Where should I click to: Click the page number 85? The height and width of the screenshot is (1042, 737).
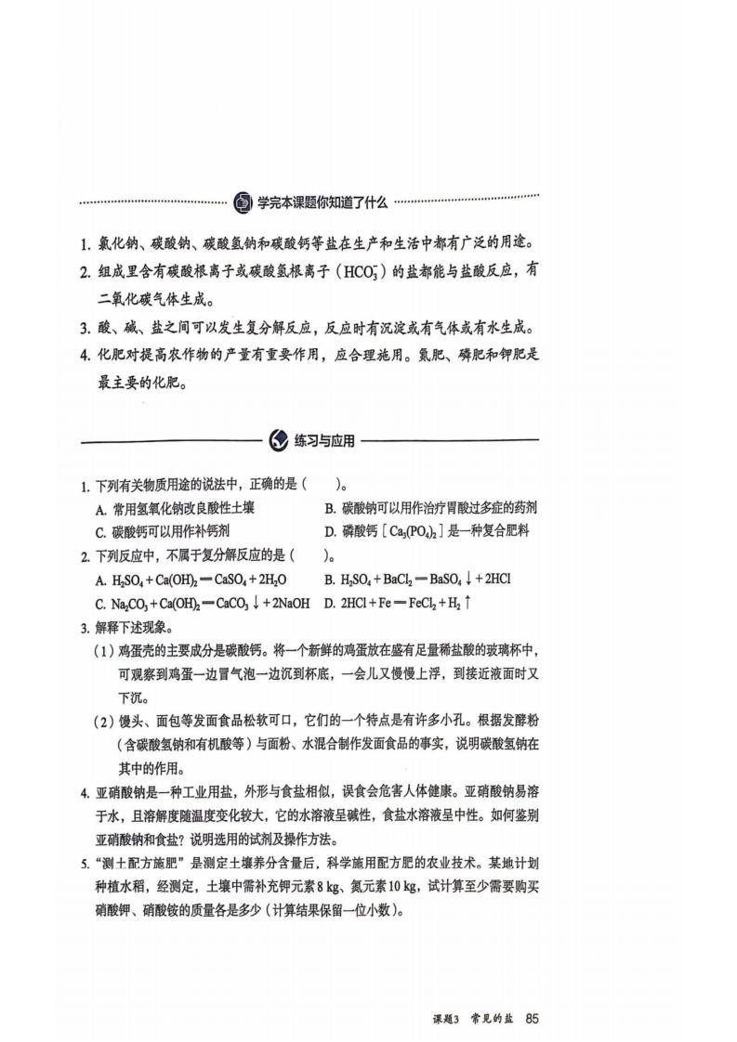point(532,1017)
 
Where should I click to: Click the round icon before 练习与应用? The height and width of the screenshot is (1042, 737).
point(278,440)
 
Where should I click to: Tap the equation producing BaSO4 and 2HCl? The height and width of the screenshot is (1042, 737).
point(417,579)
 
